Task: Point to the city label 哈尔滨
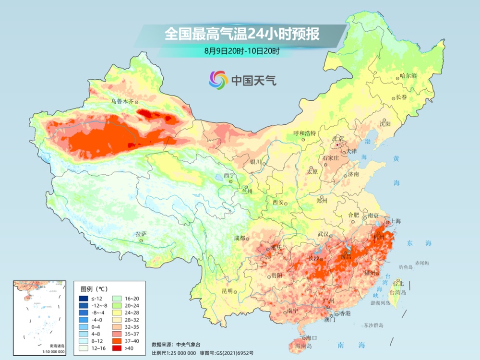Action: click(408, 76)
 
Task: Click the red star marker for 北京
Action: click(338, 145)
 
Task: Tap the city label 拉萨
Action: click(141, 234)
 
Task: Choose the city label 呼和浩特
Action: click(305, 133)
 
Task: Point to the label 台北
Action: click(398, 283)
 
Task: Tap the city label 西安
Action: click(279, 202)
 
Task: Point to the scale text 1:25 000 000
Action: click(180, 353)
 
